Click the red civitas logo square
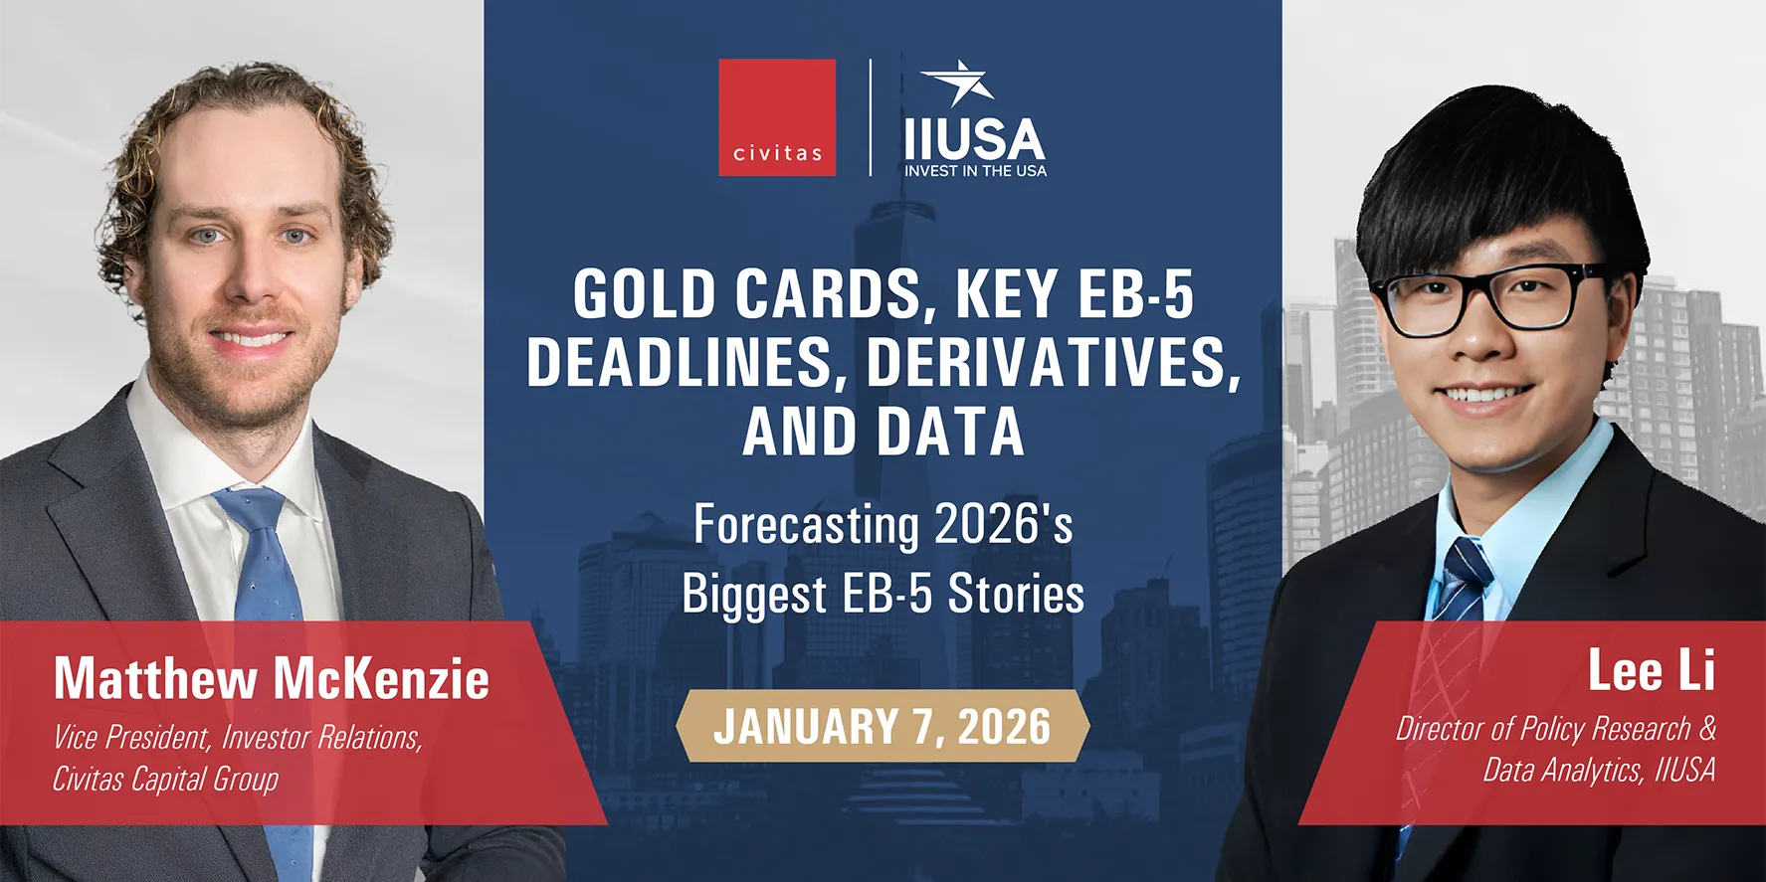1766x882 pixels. point(777,117)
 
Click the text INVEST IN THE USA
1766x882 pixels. point(975,171)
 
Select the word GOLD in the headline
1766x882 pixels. point(645,294)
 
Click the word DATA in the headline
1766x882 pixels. point(951,432)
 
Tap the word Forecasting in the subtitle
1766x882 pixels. point(806,526)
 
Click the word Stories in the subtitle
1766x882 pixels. point(1016,594)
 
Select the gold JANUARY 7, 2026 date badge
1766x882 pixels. point(883,726)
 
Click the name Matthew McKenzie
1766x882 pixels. point(272,678)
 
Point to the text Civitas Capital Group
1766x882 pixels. point(165,779)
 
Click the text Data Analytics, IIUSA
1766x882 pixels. point(1599,770)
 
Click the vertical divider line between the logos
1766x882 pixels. point(871,117)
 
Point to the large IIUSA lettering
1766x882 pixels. point(975,139)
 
